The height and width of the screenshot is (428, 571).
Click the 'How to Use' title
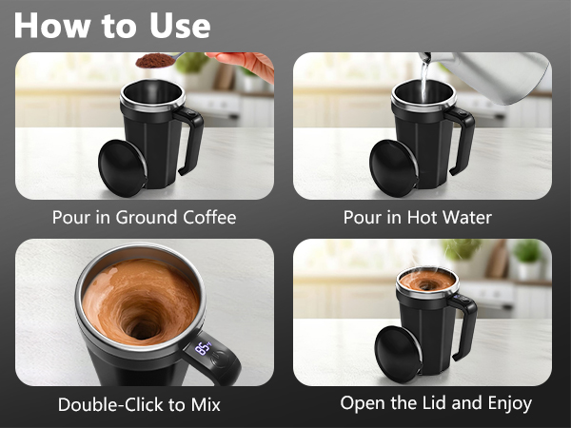(113, 25)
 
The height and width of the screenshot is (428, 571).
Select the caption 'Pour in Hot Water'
(418, 217)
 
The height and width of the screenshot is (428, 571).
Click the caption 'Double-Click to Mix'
(139, 404)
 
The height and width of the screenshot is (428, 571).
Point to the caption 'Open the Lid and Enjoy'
(436, 403)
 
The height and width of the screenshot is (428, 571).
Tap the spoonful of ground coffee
(151, 61)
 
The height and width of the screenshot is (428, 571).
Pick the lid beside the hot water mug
(391, 168)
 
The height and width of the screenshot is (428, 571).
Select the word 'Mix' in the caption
(202, 404)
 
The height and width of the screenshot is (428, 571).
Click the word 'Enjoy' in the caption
(505, 403)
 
